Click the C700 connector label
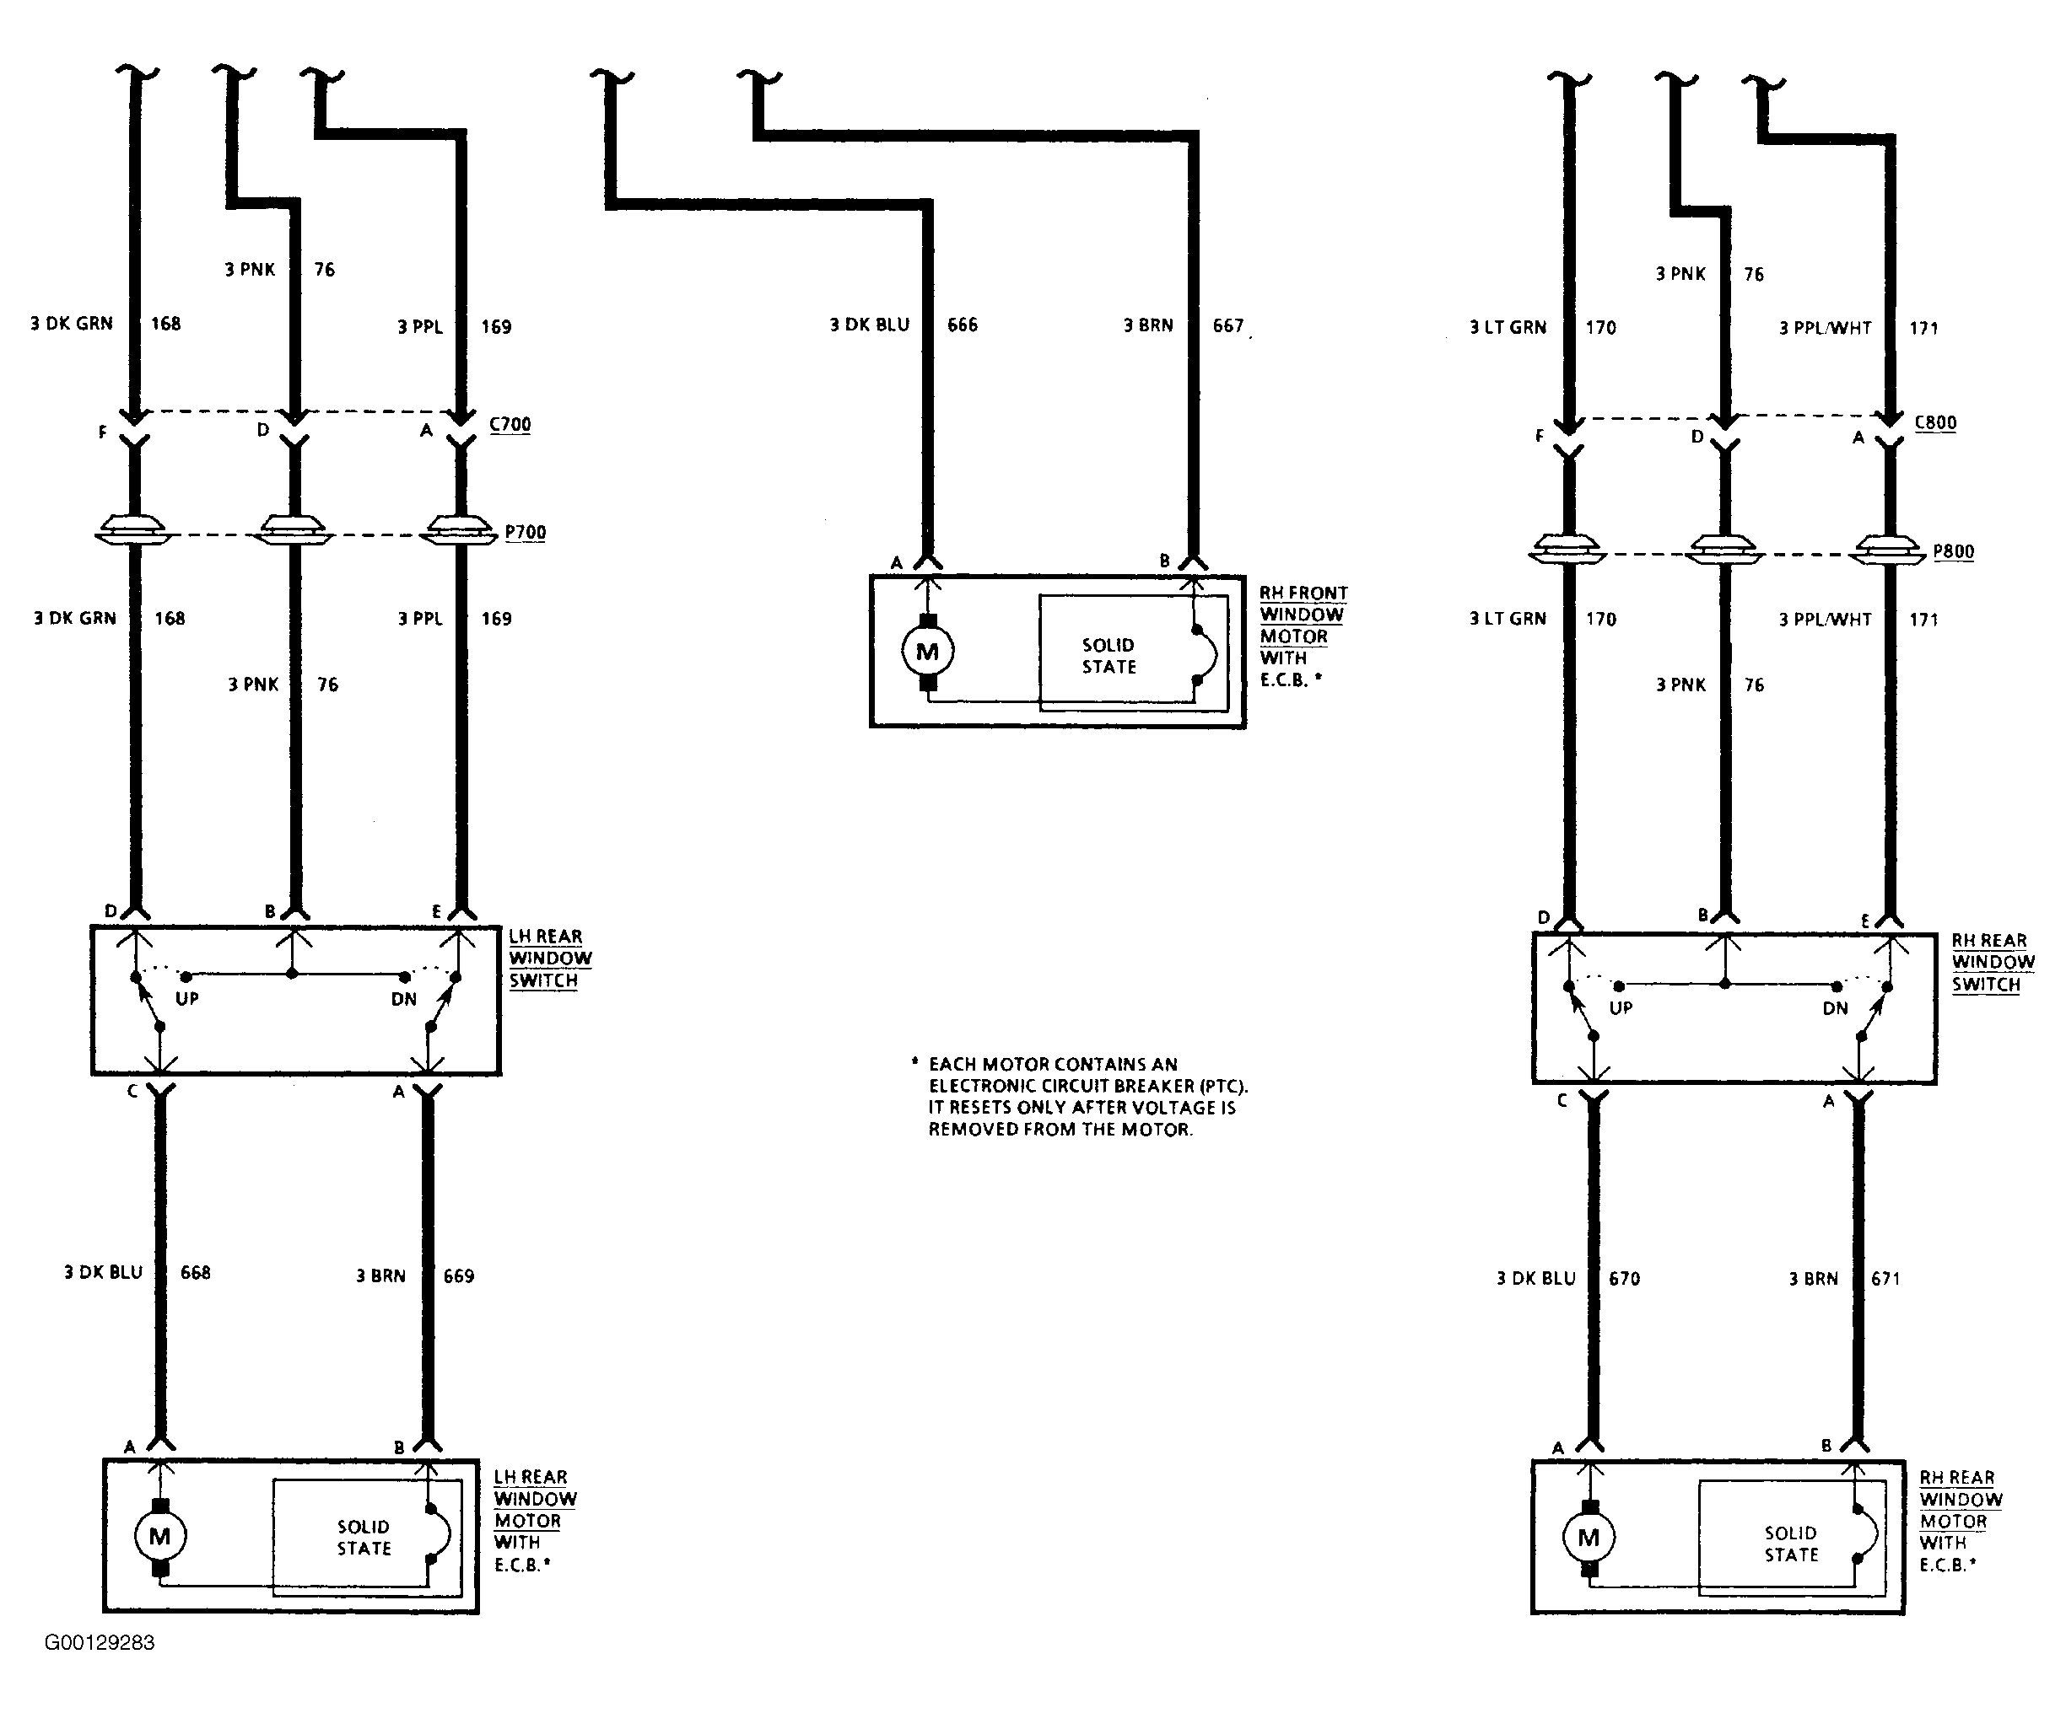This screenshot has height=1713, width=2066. click(510, 425)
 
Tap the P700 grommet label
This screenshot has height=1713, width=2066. click(526, 532)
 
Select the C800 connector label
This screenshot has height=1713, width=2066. click(1935, 423)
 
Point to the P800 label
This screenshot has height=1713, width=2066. click(1954, 551)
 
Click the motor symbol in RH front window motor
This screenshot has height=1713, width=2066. click(927, 651)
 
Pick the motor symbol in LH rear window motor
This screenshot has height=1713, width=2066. click(159, 1536)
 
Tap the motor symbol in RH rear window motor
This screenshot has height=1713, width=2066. click(1588, 1538)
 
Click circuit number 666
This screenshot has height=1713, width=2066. click(963, 325)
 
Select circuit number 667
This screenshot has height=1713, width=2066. click(1227, 325)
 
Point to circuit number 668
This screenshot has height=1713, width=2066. click(195, 1272)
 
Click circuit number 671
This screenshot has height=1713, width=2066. click(1885, 1278)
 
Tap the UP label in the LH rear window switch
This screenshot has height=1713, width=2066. click(187, 999)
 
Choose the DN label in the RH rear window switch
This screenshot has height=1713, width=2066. click(1835, 1008)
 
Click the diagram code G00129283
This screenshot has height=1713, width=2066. click(100, 1643)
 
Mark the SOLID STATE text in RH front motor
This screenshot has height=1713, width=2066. click(1109, 656)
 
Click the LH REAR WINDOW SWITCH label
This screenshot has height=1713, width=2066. click(550, 959)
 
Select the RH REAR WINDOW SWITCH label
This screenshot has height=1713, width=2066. click(1993, 963)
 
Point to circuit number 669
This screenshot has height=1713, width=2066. click(458, 1276)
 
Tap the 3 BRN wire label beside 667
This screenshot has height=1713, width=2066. click(1148, 325)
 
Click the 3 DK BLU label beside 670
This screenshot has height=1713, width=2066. click(1535, 1278)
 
